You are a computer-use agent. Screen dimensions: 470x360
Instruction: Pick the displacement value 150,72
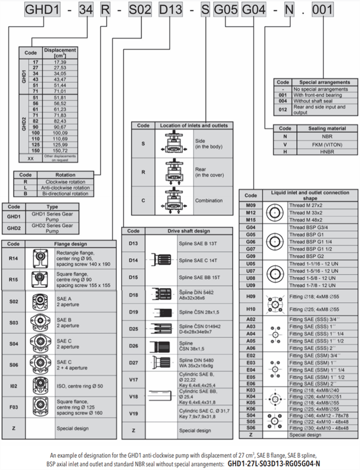coord(59,151)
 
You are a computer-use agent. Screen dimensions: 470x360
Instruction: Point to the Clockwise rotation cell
coord(65,181)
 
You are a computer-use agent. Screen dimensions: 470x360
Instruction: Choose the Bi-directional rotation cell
coord(65,193)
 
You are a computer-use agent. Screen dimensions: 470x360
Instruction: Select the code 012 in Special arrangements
coord(283,110)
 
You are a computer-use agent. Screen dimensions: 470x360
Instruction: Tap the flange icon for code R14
coord(40,258)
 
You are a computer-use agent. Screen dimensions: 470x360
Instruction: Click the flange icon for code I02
coord(40,386)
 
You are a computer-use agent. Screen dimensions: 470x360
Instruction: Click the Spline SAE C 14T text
coord(198,260)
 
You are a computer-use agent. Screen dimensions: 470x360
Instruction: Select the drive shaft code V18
coord(133,396)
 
